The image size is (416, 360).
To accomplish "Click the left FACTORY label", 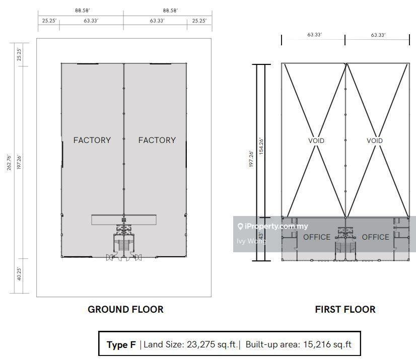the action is (x=92, y=140).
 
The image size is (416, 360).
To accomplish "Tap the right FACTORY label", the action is (x=157, y=140).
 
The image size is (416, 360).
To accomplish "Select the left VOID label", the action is (x=316, y=140).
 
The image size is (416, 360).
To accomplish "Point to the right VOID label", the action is (x=375, y=140).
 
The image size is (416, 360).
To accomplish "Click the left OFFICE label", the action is (x=317, y=237).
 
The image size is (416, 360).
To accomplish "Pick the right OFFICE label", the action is (x=375, y=237).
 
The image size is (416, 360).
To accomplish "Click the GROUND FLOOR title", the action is (x=125, y=309).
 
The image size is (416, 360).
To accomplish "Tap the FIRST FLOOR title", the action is (x=345, y=309).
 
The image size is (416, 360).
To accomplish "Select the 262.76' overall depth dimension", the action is (x=9, y=163).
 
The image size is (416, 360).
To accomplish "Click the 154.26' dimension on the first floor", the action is (x=261, y=146).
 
